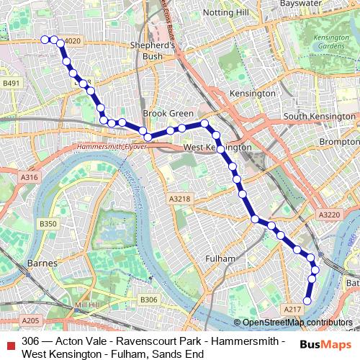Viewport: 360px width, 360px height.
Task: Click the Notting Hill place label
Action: click(x=226, y=13)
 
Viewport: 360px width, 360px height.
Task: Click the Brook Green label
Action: click(x=168, y=114)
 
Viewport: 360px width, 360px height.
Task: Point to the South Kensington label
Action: click(x=320, y=117)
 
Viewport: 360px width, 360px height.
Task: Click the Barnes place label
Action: click(x=42, y=264)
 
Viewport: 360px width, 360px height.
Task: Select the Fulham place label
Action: click(x=220, y=258)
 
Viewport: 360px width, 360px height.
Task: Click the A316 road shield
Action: click(x=30, y=177)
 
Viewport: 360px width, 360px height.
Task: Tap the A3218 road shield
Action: click(x=179, y=199)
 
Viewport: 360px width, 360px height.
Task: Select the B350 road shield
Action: click(x=48, y=225)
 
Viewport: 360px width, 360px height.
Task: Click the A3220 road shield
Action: click(x=328, y=215)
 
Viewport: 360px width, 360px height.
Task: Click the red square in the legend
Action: click(x=10, y=341)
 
